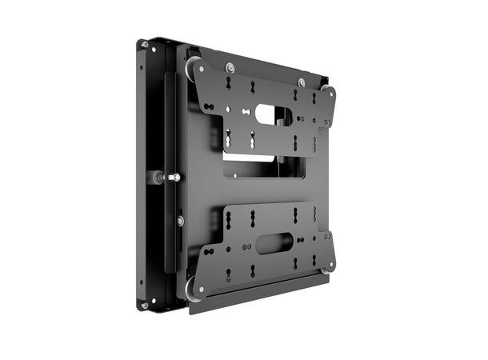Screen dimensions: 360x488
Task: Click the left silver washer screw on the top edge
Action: [230, 66]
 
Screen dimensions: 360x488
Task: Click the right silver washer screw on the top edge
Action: [301, 82]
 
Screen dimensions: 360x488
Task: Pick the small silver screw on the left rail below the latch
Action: [179, 220]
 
